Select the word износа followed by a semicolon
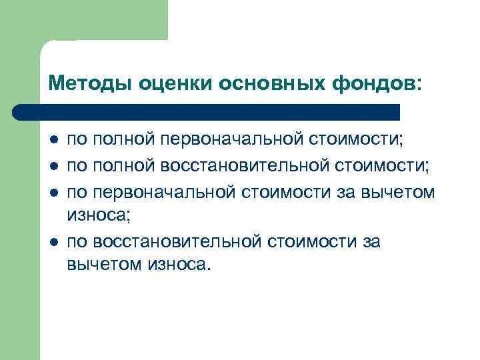click(96, 215)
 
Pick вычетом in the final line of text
click(101, 264)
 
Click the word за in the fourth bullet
click(371, 241)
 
